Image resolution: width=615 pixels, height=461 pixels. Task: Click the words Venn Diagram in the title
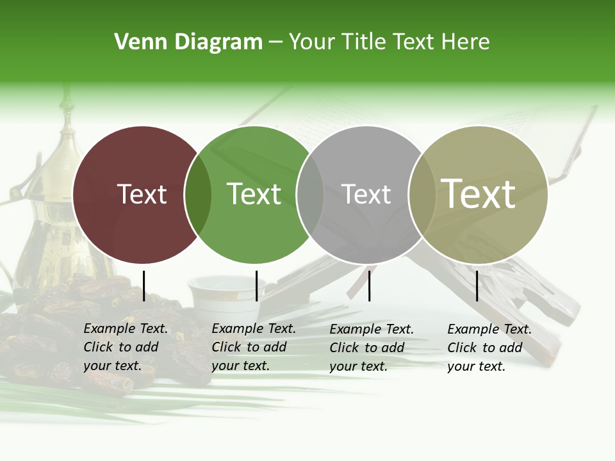pyautogui.click(x=188, y=42)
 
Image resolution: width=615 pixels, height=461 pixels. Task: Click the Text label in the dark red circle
pyautogui.click(x=142, y=194)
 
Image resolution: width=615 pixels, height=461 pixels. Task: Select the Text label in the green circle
pyautogui.click(x=254, y=194)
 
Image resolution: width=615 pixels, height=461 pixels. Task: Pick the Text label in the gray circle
pyautogui.click(x=366, y=194)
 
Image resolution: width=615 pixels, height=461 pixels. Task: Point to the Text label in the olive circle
pyautogui.click(x=479, y=193)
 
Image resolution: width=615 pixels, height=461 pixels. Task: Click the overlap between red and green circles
pyautogui.click(x=198, y=195)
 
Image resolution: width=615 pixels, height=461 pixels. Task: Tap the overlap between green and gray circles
pyautogui.click(x=310, y=195)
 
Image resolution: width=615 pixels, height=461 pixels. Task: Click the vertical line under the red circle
pyautogui.click(x=143, y=286)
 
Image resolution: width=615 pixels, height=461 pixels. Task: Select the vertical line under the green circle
pyautogui.click(x=256, y=286)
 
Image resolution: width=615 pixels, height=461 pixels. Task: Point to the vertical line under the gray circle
pyautogui.click(x=370, y=286)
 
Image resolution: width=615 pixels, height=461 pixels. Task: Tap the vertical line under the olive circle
pyautogui.click(x=477, y=286)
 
